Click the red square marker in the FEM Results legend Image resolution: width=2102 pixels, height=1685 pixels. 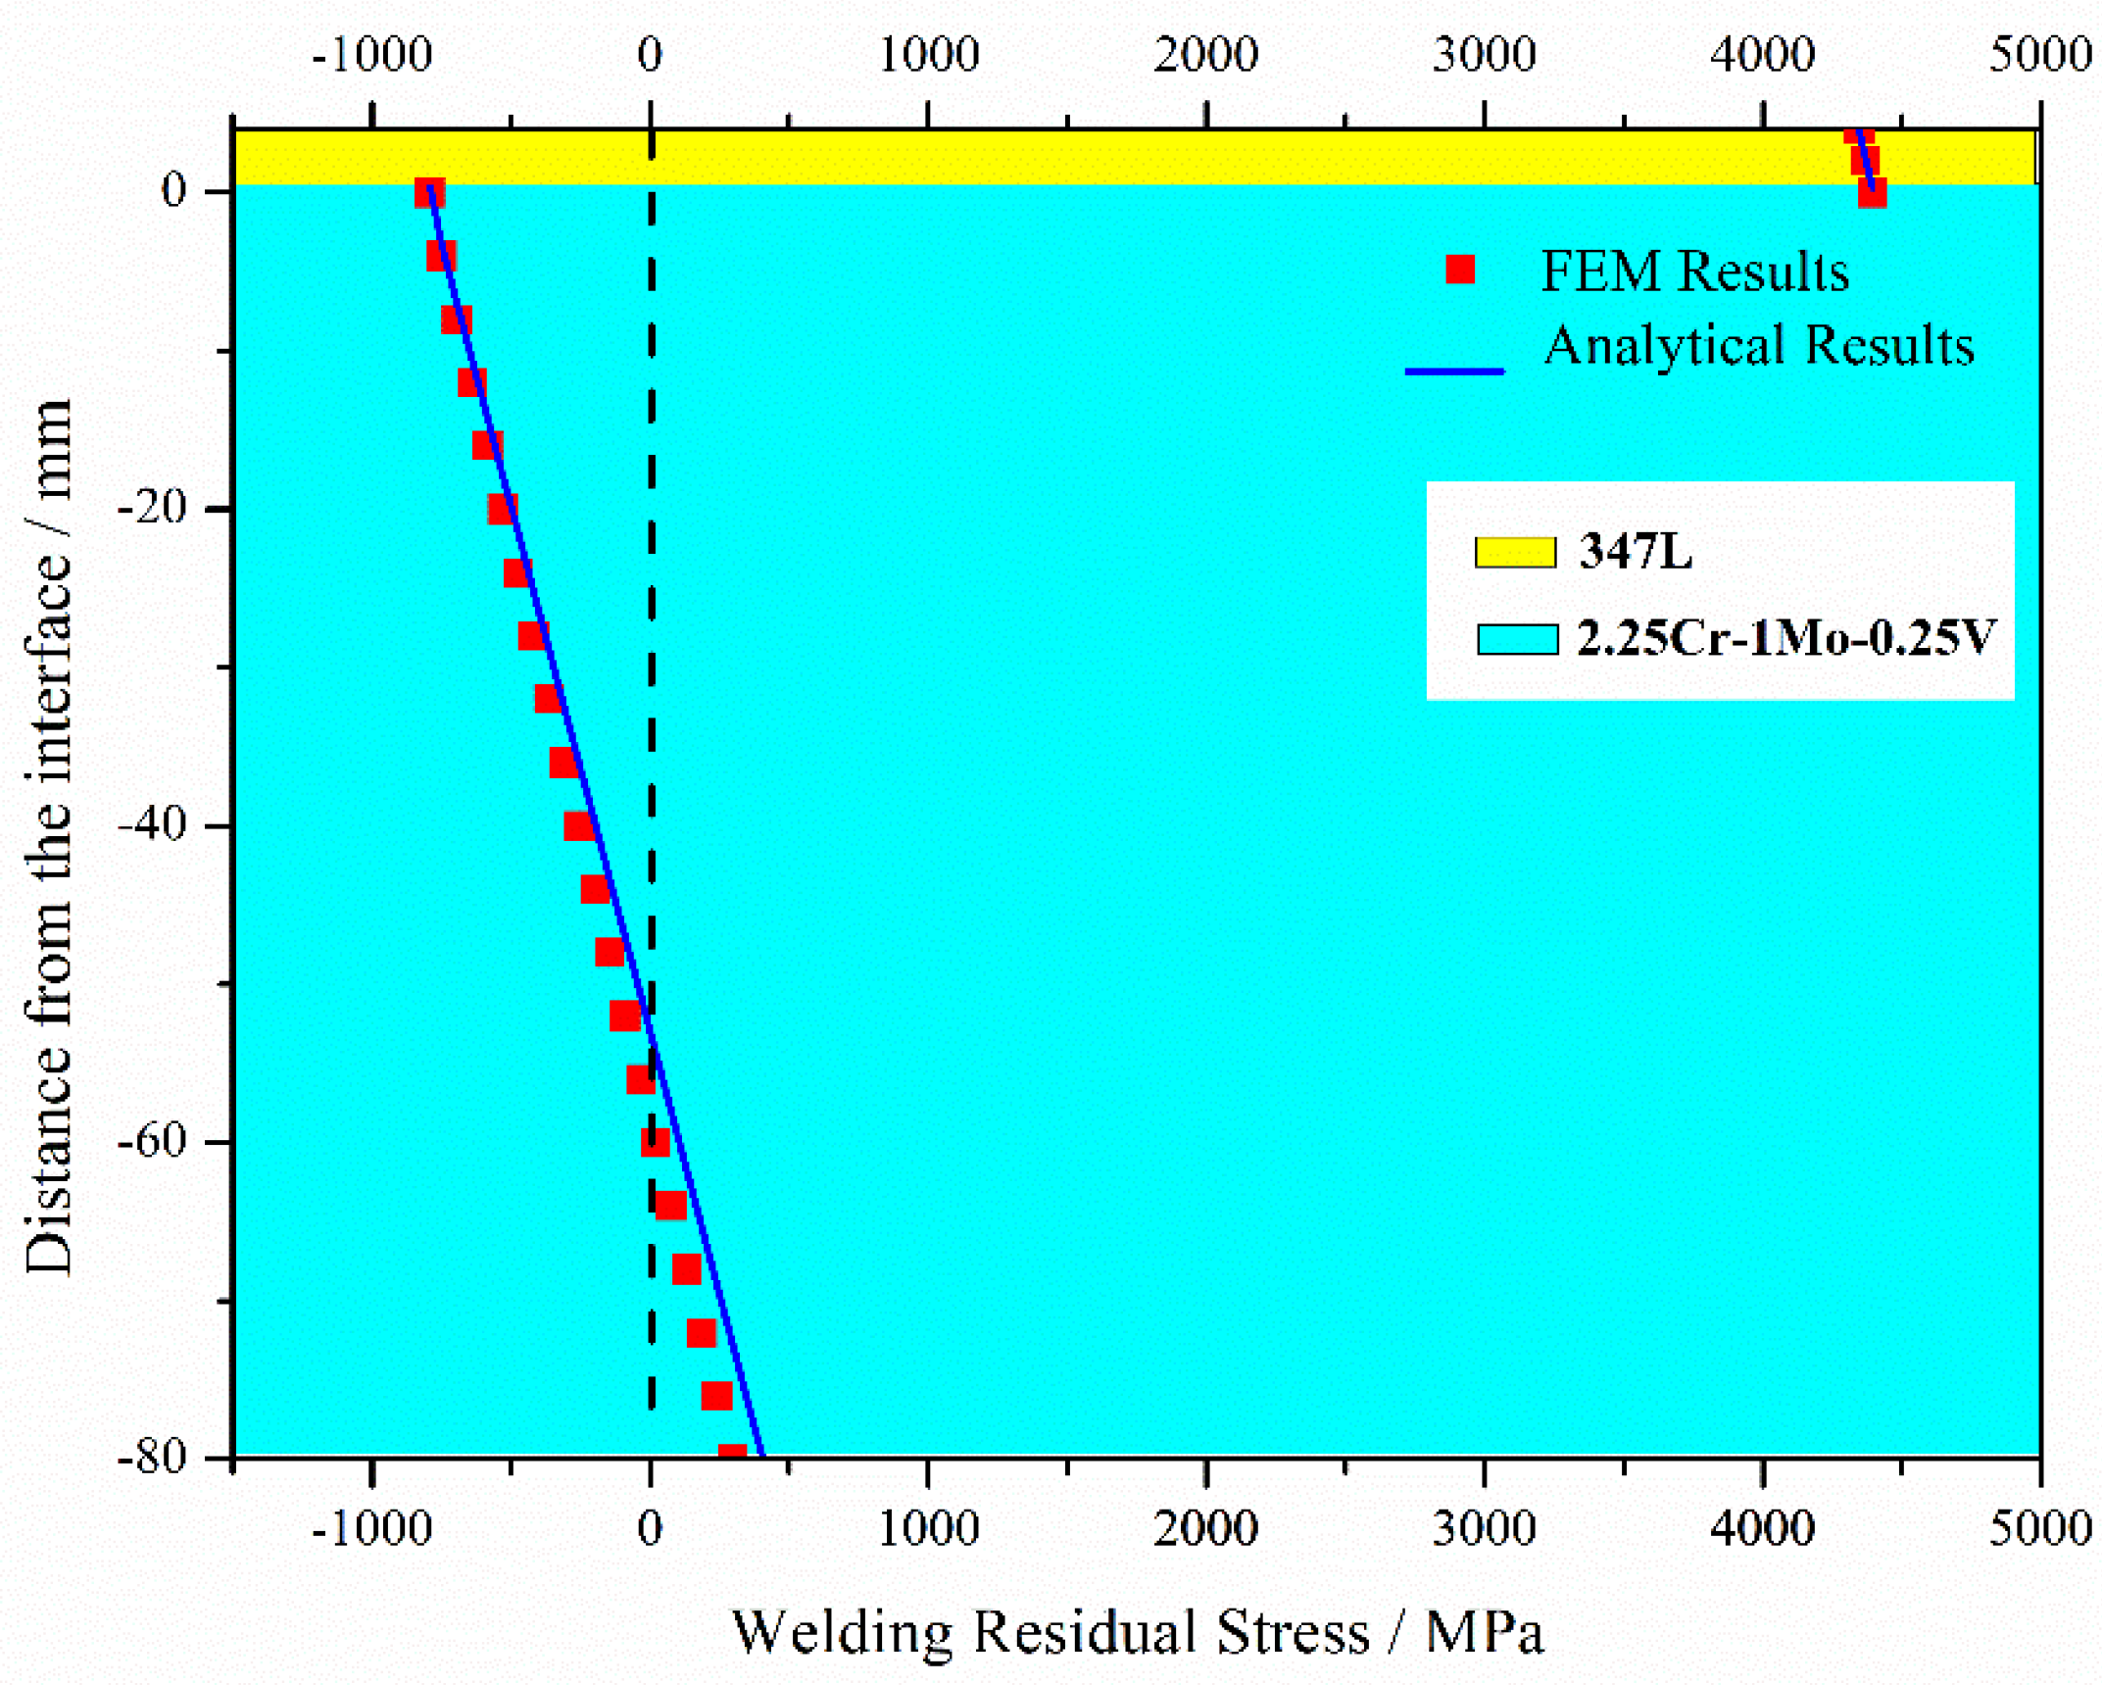(x=1459, y=269)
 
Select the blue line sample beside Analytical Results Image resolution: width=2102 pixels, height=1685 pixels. (x=1454, y=372)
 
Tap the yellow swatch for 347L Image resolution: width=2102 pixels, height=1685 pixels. (x=1515, y=552)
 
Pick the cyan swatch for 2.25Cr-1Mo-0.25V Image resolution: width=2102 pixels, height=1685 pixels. (x=1517, y=639)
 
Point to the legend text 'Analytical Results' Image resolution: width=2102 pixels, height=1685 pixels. (x=1759, y=345)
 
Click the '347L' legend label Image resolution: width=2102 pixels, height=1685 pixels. (x=1636, y=551)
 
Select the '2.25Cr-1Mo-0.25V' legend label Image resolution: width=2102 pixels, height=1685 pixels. (x=1784, y=638)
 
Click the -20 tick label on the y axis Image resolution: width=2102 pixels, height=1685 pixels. (x=152, y=508)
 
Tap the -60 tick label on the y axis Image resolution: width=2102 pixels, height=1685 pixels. (x=152, y=1141)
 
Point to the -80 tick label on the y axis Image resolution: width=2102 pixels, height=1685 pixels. (x=152, y=1458)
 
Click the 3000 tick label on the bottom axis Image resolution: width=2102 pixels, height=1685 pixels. (x=1484, y=1528)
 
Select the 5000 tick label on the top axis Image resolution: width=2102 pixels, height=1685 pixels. (x=2040, y=54)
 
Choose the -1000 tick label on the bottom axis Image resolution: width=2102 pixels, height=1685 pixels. (x=371, y=1528)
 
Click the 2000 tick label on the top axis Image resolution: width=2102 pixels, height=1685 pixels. (x=1205, y=54)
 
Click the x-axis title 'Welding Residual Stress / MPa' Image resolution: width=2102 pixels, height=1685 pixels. (x=1138, y=1632)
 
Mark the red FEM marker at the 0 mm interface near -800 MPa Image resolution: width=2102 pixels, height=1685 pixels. (x=429, y=193)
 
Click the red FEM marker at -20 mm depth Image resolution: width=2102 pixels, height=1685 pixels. (x=503, y=509)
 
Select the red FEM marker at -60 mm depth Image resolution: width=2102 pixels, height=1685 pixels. (x=656, y=1142)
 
